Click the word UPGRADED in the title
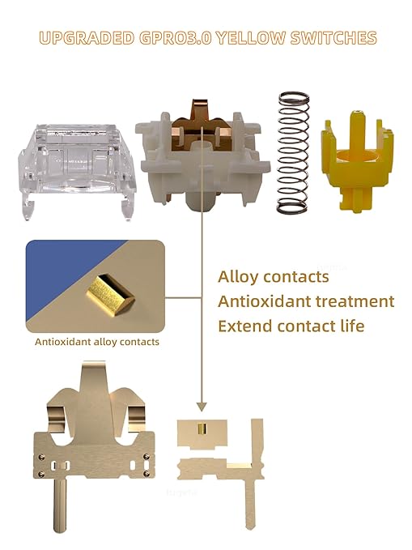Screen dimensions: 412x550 87,38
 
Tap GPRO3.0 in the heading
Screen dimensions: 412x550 176,38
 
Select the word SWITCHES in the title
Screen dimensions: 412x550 333,38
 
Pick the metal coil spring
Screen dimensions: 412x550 293,152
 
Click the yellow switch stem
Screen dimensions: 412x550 357,161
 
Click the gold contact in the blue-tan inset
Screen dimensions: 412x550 110,296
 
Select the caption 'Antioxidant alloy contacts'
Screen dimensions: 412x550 97,342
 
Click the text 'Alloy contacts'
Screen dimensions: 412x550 273,277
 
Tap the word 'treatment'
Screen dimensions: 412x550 355,301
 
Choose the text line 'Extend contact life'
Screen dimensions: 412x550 291,326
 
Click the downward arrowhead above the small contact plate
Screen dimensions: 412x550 202,407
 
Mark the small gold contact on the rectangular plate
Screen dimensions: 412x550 202,428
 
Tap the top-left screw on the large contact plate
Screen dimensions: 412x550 41,457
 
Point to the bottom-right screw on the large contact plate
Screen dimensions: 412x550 147,474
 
